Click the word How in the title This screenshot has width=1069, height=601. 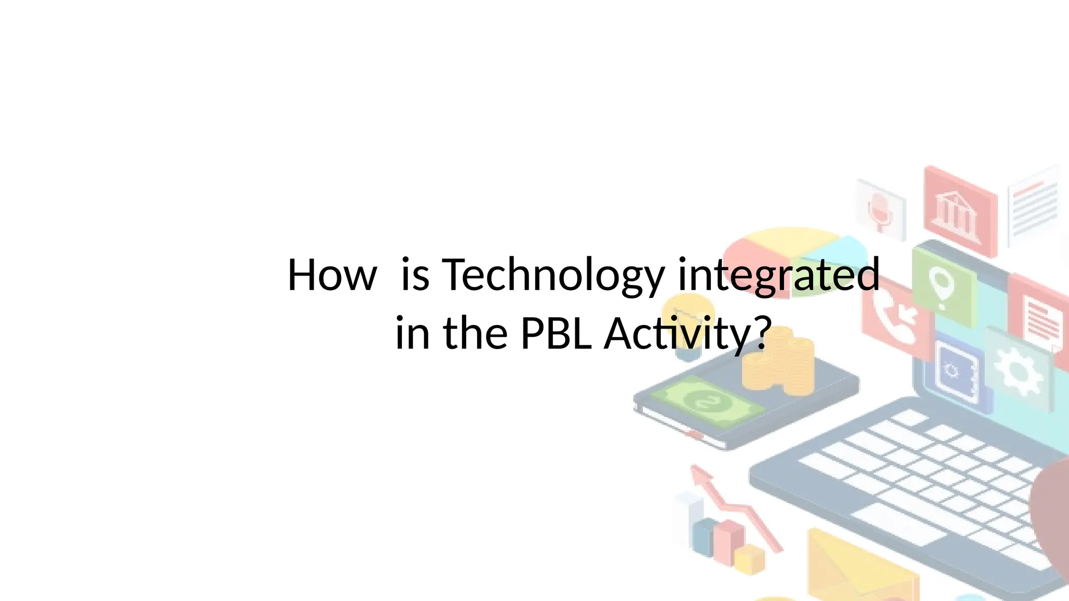coord(332,275)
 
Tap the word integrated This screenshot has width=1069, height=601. coord(778,275)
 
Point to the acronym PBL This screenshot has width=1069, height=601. coord(556,333)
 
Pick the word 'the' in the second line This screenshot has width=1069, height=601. coord(475,333)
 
